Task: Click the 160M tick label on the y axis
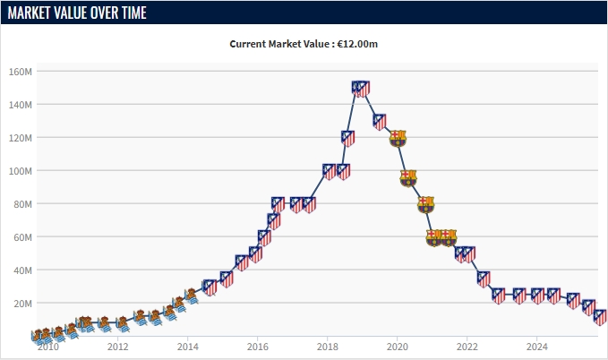21,72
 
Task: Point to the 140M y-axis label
21,105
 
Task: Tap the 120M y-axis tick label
21,138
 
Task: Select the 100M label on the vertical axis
21,171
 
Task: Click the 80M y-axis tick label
23,204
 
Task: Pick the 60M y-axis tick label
23,237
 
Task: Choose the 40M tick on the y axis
23,270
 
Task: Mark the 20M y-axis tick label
23,304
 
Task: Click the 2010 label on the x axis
47,347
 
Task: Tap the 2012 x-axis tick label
117,347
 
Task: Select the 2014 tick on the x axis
187,347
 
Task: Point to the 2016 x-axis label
257,347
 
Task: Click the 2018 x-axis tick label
327,347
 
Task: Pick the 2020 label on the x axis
397,347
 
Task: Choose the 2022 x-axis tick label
467,347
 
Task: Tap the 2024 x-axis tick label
536,347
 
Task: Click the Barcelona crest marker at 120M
398,138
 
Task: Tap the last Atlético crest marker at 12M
601,317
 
